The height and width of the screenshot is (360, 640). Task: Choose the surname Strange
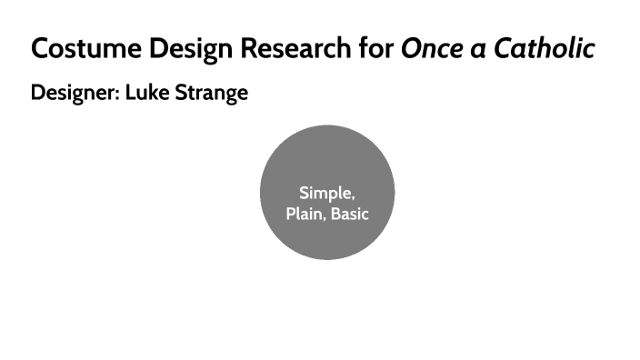(211, 94)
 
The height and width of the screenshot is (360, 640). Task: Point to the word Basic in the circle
(350, 215)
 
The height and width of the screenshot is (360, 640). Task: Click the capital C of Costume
(39, 49)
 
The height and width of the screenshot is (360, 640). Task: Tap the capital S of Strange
(182, 93)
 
